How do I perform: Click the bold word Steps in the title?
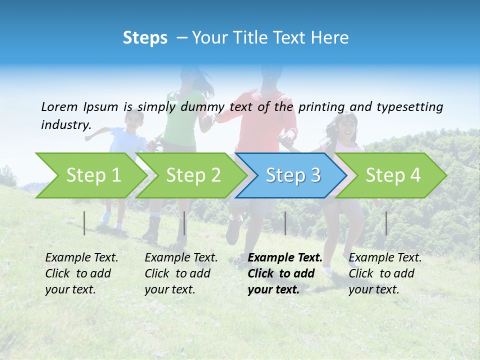click(145, 38)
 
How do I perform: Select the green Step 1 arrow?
click(90, 175)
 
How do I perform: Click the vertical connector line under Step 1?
click(84, 223)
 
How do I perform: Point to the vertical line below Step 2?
click(184, 223)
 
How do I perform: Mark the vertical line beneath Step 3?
click(285, 223)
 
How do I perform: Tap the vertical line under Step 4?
click(386, 223)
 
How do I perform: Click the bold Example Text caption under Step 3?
click(284, 273)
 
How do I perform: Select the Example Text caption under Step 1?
click(81, 273)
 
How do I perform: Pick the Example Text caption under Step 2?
click(181, 273)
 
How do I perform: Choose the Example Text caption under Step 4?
click(385, 273)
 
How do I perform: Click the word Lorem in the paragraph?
click(60, 107)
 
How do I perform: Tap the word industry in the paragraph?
click(65, 125)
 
